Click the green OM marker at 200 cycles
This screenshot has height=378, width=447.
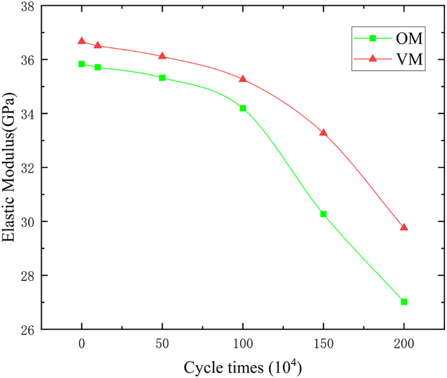pos(404,302)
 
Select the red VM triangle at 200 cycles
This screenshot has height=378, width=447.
pos(404,227)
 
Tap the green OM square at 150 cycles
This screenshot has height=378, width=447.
pos(324,214)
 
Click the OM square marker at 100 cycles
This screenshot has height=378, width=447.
pos(243,108)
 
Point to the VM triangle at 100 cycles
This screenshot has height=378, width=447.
pos(243,79)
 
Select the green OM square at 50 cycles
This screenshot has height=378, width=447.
pos(162,78)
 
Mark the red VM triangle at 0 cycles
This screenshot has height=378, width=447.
pos(82,40)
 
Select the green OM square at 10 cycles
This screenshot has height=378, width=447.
pos(98,67)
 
